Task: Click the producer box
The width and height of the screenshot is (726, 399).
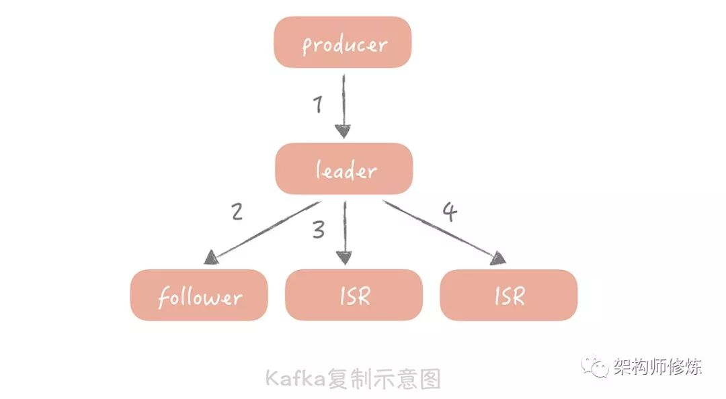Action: click(x=343, y=42)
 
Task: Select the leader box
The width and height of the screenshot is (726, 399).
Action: click(x=344, y=169)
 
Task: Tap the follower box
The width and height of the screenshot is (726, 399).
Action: click(x=199, y=295)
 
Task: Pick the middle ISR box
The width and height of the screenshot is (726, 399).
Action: click(x=354, y=295)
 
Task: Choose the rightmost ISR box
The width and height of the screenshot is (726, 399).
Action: click(x=509, y=295)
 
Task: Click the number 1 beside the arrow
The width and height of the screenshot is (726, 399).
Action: click(x=317, y=103)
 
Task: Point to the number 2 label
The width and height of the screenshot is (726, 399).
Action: click(x=237, y=212)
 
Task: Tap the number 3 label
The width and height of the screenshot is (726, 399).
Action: click(x=319, y=230)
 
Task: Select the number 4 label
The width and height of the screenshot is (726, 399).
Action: click(x=450, y=212)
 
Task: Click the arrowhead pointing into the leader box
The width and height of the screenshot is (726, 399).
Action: click(x=343, y=132)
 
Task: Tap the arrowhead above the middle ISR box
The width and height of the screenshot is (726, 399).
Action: click(x=344, y=258)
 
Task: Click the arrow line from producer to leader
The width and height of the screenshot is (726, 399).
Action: click(x=344, y=106)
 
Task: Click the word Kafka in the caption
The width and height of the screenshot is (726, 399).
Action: click(x=296, y=379)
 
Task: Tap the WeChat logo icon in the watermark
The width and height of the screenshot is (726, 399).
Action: click(x=596, y=367)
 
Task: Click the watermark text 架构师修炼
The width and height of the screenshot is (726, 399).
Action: click(x=658, y=366)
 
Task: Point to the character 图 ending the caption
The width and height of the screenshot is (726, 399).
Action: click(x=431, y=379)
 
